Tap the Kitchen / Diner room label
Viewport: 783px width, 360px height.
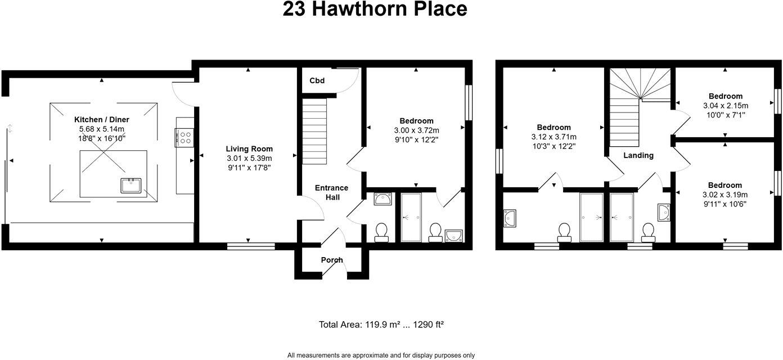(102, 119)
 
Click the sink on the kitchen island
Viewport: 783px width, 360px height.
(131, 185)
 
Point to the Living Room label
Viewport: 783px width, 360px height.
(249, 148)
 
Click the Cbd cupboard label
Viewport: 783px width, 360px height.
(317, 80)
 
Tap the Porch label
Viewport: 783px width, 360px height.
(332, 260)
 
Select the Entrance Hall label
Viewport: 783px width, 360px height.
(331, 192)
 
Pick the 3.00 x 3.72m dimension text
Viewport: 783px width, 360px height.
(416, 130)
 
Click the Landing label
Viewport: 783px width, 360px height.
(638, 155)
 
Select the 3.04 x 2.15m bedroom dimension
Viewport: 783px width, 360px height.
(725, 106)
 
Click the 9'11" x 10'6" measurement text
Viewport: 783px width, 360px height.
(725, 204)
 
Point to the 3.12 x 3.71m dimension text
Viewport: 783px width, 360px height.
(553, 137)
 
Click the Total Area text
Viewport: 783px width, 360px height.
(382, 325)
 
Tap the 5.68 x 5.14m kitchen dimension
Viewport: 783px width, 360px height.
(102, 129)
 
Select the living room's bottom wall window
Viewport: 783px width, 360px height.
(251, 246)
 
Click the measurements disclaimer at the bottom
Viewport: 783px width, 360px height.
(381, 355)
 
